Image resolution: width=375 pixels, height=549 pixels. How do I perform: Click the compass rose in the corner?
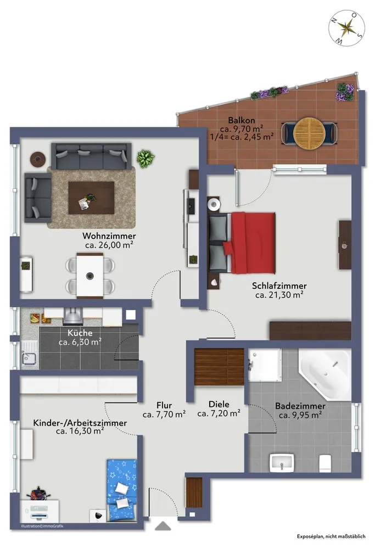tap(346, 28)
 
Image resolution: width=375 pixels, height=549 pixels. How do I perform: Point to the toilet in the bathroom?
tap(325, 462)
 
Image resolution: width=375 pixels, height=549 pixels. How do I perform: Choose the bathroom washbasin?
tap(281, 462)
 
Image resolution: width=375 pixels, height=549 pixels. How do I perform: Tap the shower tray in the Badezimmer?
tap(265, 365)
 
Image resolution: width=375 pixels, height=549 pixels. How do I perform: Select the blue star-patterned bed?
tap(121, 490)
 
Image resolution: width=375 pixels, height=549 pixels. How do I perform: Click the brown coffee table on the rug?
tap(91, 198)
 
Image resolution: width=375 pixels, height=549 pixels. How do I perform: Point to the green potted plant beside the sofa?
tap(145, 158)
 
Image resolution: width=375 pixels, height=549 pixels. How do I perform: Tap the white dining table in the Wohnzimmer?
tap(90, 276)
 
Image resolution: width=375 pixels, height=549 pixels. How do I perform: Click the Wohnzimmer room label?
tap(109, 236)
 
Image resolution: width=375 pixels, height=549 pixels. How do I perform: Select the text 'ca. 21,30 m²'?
tap(279, 295)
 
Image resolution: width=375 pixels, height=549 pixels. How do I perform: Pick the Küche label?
tap(80, 333)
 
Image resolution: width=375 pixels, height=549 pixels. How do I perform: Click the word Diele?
tap(219, 405)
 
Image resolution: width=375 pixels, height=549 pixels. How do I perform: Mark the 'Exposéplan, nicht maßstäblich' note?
tap(331, 536)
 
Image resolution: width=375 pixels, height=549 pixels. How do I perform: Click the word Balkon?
tap(242, 120)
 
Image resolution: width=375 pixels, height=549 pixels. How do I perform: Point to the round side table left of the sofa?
tap(38, 159)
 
